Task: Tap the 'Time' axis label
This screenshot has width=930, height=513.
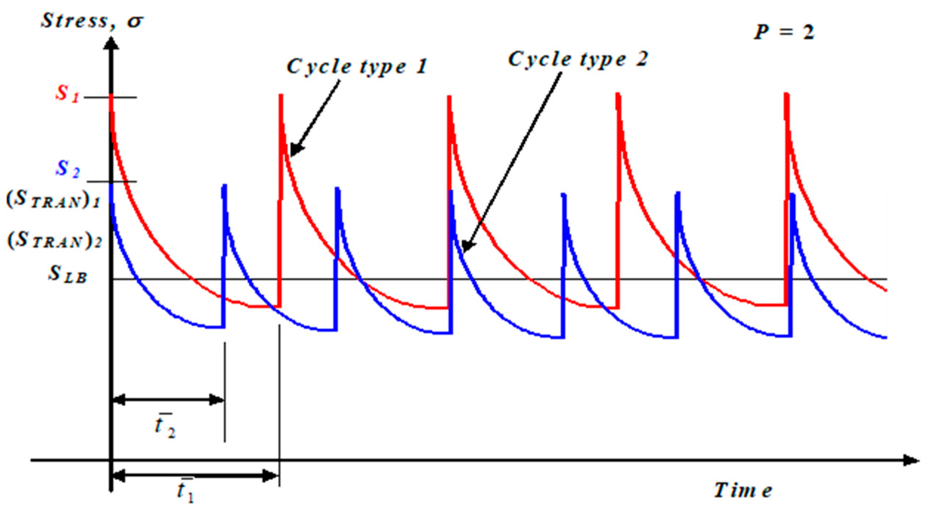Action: point(742,491)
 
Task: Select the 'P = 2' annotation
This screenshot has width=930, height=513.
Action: point(783,32)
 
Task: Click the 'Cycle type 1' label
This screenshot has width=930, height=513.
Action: point(357,67)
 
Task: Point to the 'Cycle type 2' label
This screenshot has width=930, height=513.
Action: point(578,59)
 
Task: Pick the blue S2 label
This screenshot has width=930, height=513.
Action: point(68,169)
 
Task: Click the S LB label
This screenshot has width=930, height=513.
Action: point(68,275)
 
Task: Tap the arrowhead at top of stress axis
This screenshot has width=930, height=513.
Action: point(111,44)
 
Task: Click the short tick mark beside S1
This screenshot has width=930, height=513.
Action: point(111,97)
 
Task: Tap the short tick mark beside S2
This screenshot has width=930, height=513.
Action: point(112,181)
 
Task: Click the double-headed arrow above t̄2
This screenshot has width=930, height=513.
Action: point(168,400)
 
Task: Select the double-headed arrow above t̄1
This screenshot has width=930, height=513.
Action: point(195,476)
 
